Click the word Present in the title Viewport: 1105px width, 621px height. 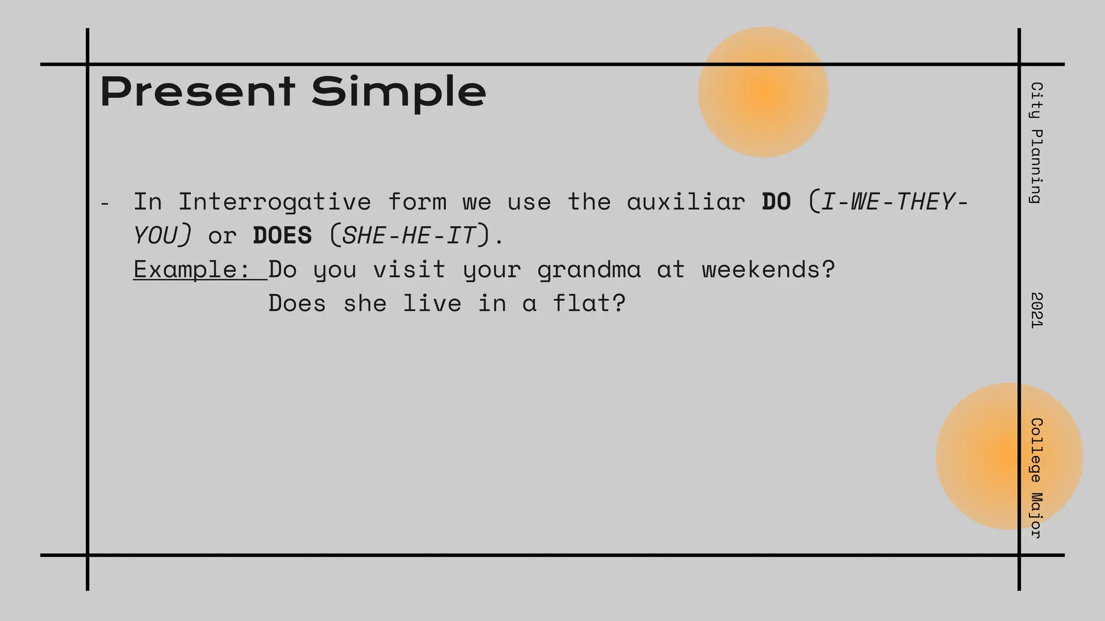click(197, 92)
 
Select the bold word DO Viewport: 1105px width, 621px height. click(776, 202)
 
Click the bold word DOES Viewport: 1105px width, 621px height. click(282, 236)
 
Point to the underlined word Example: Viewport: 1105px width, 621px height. click(192, 270)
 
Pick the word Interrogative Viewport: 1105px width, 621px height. click(275, 202)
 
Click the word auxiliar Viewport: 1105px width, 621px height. click(686, 202)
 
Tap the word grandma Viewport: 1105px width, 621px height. click(589, 270)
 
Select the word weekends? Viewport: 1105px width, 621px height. click(768, 270)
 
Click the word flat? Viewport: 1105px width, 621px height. click(590, 303)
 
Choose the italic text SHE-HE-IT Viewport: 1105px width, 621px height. click(410, 236)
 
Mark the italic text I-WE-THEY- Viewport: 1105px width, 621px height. click(893, 202)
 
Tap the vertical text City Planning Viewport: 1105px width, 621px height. click(1036, 143)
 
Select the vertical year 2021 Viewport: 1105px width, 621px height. click(1036, 310)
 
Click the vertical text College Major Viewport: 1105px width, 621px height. click(1036, 478)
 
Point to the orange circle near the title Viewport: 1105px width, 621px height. click(763, 92)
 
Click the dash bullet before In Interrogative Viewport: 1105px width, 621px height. click(105, 204)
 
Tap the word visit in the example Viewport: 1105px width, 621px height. click(409, 270)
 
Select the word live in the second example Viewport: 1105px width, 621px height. click(432, 303)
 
